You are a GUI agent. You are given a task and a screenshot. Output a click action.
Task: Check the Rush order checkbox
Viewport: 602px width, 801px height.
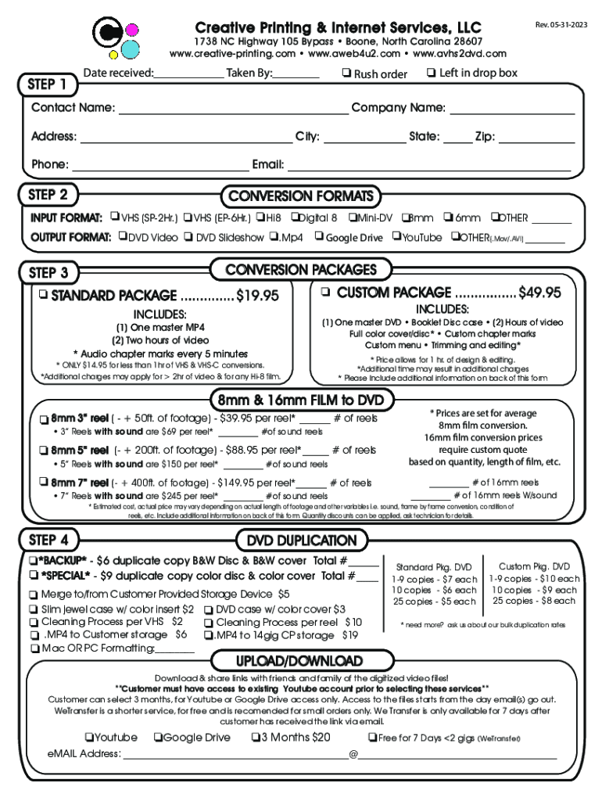click(x=346, y=74)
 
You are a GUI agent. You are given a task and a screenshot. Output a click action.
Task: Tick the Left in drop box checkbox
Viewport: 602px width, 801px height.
click(x=431, y=74)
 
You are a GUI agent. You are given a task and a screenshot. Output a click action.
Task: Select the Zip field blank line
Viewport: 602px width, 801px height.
click(x=536, y=137)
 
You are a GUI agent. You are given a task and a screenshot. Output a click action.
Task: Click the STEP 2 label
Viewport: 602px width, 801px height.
click(x=48, y=195)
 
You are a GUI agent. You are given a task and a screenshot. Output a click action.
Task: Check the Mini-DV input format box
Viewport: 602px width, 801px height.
click(x=353, y=217)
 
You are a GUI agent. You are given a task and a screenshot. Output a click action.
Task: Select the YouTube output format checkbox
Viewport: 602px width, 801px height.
click(x=396, y=237)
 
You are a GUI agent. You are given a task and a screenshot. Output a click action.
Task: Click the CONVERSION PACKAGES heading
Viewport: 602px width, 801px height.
click(x=301, y=270)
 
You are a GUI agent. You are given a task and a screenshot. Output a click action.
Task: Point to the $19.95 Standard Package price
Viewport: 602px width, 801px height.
click(x=257, y=296)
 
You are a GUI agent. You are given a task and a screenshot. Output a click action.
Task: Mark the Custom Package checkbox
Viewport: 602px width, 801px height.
click(x=324, y=293)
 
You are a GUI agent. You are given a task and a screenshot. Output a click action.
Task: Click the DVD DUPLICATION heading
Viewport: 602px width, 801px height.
click(x=301, y=541)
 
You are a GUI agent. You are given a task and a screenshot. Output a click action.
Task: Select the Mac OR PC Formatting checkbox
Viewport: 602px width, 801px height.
click(x=34, y=648)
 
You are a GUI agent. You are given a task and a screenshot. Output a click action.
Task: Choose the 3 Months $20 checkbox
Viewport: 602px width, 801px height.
click(x=255, y=737)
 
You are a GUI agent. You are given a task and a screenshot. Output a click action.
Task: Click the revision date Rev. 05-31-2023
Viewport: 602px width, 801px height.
click(x=561, y=24)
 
